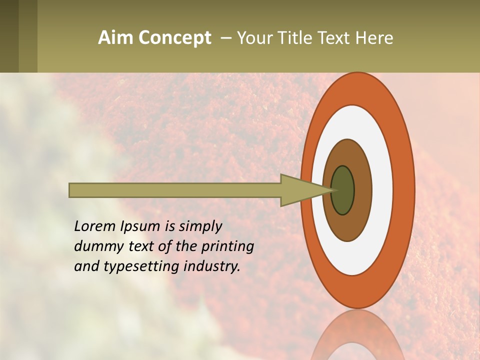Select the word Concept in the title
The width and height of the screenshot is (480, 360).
(174, 38)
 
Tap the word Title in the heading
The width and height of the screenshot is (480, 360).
(299, 38)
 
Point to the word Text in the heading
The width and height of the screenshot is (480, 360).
(336, 38)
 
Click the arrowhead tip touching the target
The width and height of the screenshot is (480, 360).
(332, 190)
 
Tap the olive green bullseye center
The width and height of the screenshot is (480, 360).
(343, 190)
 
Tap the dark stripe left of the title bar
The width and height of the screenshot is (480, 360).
(9, 36)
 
